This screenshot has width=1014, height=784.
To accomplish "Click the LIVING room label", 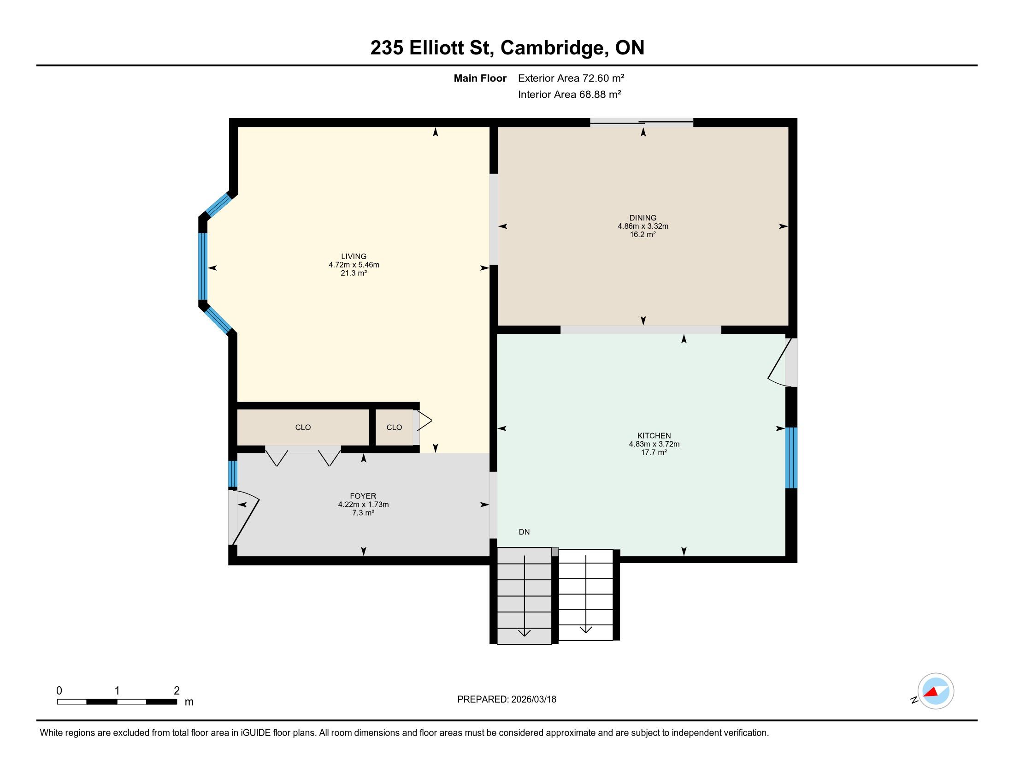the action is pyautogui.click(x=354, y=256).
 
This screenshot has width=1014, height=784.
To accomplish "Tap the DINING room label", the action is pyautogui.click(x=643, y=218).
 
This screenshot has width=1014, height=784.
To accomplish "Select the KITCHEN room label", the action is pyautogui.click(x=654, y=436).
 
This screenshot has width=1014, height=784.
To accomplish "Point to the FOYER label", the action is pyautogui.click(x=363, y=496).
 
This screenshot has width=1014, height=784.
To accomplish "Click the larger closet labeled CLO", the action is pyautogui.click(x=303, y=428).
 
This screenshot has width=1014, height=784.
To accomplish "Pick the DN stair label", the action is pyautogui.click(x=524, y=532).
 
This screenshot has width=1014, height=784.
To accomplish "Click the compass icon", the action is pyautogui.click(x=936, y=691).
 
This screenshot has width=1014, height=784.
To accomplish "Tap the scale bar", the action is pyautogui.click(x=117, y=701).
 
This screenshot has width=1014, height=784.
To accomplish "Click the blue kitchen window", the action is pyautogui.click(x=791, y=457).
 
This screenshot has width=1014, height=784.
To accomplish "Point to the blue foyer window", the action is pyautogui.click(x=233, y=474).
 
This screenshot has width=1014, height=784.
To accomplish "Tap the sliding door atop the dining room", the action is pyautogui.click(x=642, y=123).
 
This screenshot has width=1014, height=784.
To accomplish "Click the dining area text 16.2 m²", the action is pyautogui.click(x=643, y=235).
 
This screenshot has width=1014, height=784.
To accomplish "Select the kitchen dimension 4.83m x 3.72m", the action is pyautogui.click(x=654, y=444).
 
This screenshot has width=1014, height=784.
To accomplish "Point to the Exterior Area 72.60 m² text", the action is pyautogui.click(x=571, y=78).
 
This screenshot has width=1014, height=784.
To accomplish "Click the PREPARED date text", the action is pyautogui.click(x=507, y=699).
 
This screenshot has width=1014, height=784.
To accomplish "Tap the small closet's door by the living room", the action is pyautogui.click(x=423, y=421).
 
